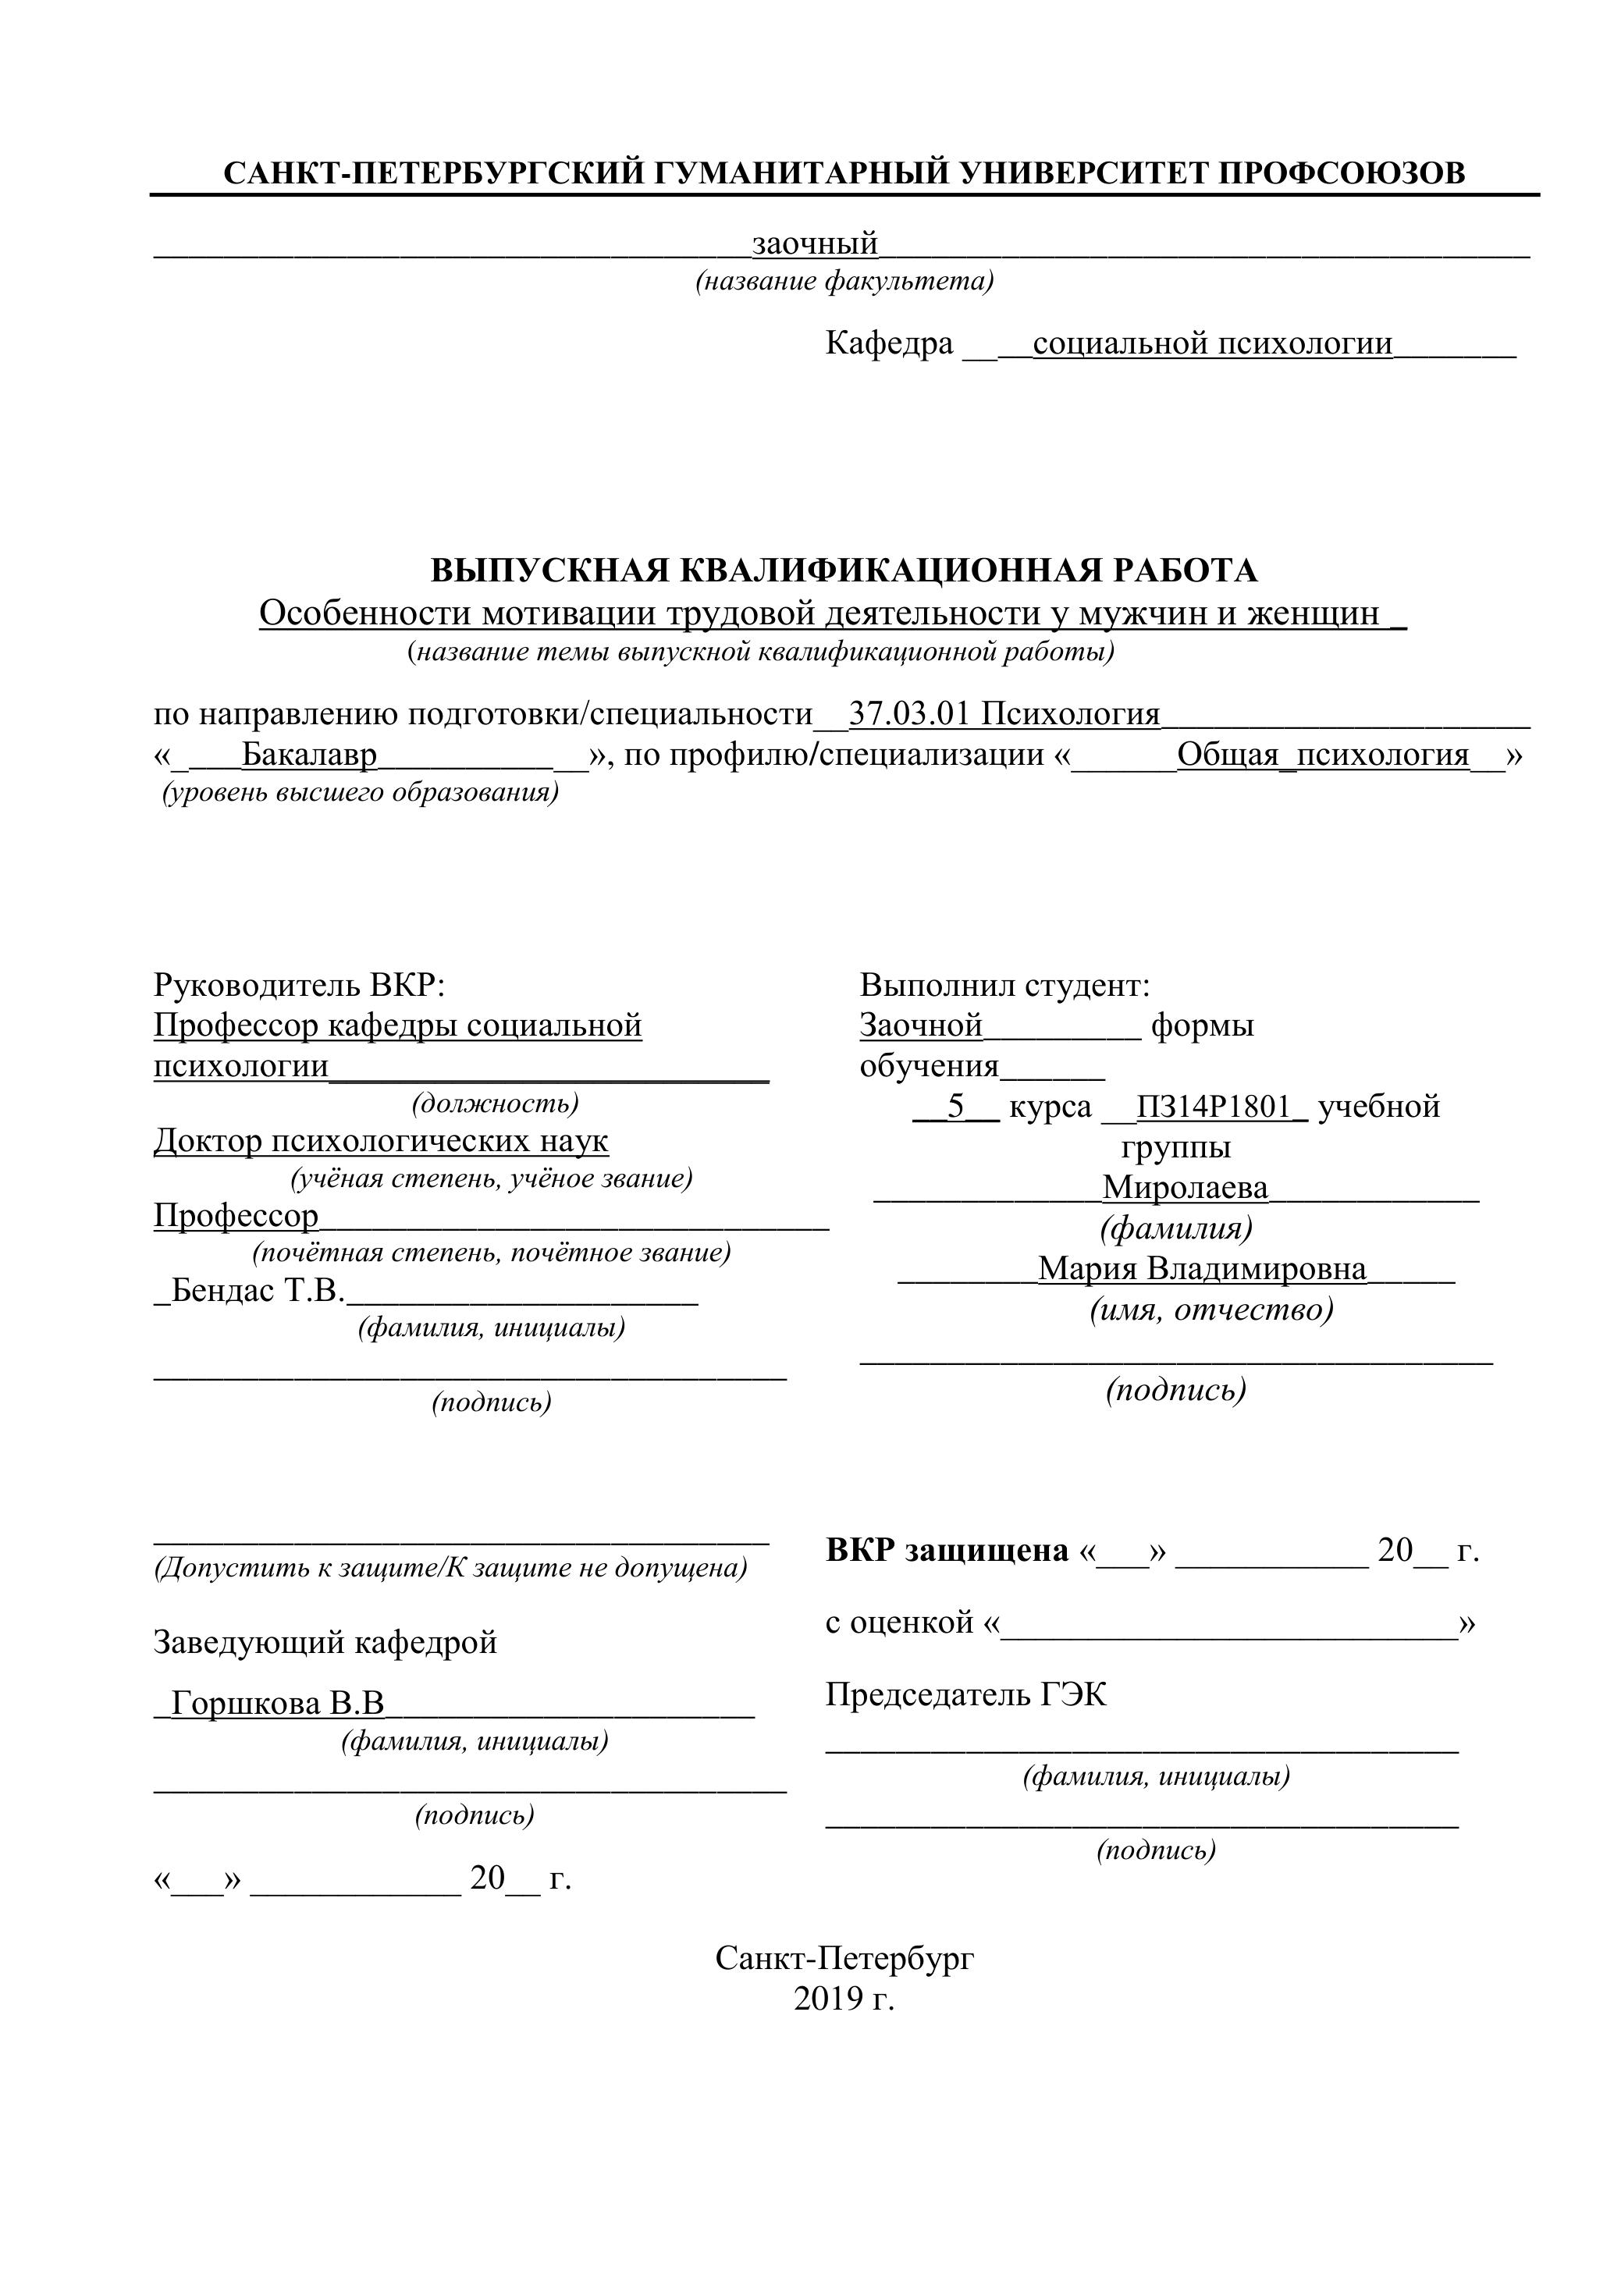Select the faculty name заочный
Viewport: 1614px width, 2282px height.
tap(815, 243)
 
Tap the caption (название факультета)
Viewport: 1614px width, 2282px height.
tap(844, 283)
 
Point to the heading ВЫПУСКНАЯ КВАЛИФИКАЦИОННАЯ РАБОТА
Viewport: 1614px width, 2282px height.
tap(844, 570)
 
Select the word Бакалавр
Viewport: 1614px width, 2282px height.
tap(310, 755)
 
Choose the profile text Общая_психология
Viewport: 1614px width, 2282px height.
tap(1323, 755)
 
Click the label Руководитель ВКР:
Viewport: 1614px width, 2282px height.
tap(299, 985)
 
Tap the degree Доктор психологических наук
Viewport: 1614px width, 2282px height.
tap(381, 1141)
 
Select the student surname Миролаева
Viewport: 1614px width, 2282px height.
tap(1185, 1188)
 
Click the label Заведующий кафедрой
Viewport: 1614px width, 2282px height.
tap(325, 1642)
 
